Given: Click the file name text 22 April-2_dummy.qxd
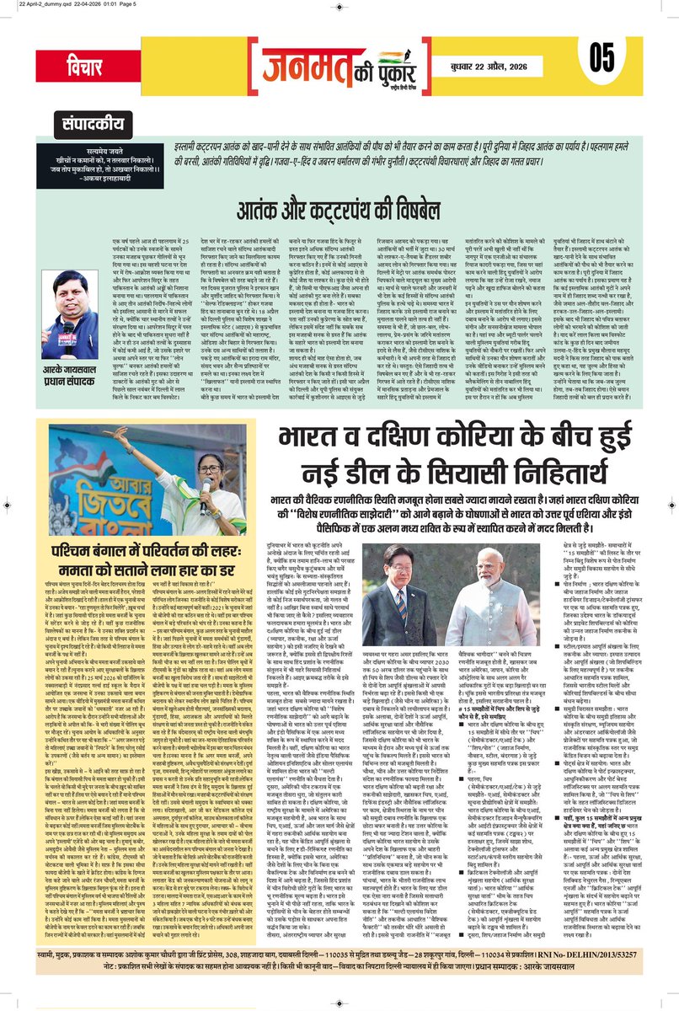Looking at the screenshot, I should pos(41,7).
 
